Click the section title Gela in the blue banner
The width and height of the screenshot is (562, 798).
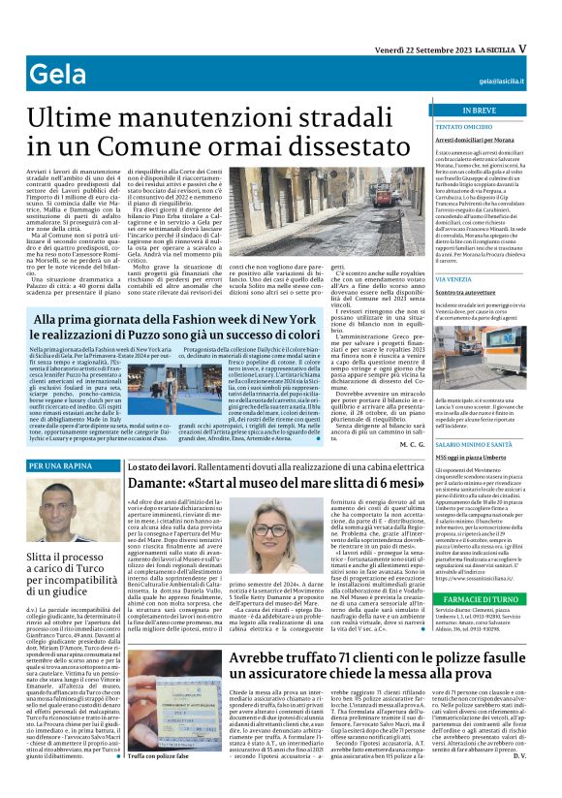click(53, 74)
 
